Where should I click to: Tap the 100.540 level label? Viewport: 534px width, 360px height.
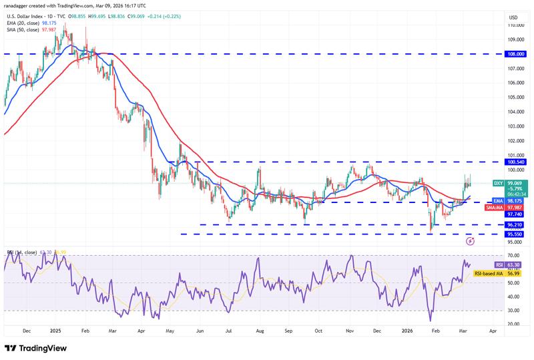click(516, 162)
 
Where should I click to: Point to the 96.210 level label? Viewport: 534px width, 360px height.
click(516, 225)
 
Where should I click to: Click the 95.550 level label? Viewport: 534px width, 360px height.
click(516, 234)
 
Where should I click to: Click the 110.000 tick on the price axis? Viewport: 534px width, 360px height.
click(516, 24)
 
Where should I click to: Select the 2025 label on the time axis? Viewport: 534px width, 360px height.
click(55, 330)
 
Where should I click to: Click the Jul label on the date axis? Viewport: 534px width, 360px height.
click(228, 330)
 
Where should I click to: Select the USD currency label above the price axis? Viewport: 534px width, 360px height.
click(513, 17)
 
